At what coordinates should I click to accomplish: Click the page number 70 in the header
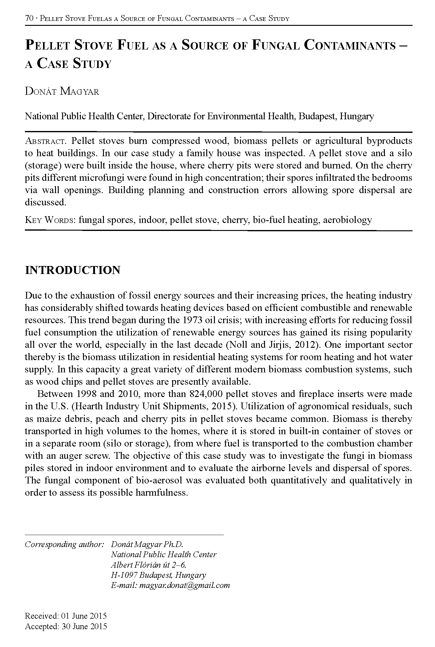pos(29,18)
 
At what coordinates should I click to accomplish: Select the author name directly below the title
pos(62,92)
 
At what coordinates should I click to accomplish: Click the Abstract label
pos(46,141)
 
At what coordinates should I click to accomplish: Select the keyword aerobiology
pos(347,220)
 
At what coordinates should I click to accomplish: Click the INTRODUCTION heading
pos(73,270)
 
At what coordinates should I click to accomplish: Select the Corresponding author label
pos(64,544)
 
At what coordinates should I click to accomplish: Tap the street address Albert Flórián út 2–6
pos(149,565)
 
